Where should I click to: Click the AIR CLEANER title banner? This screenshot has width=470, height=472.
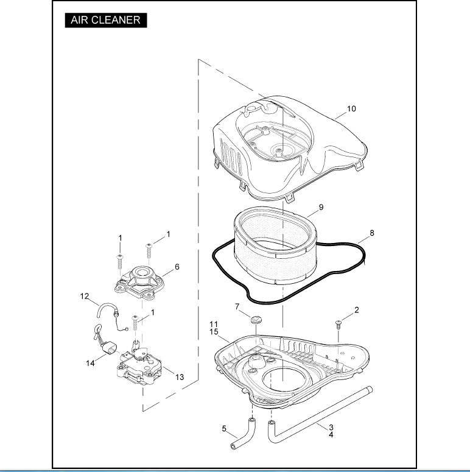[105, 19]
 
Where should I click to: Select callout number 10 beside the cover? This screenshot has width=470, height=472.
[351, 109]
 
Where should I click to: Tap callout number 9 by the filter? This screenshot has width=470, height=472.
[320, 207]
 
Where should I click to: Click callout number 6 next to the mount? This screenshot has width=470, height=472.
[177, 267]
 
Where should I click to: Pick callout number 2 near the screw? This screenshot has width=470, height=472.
[357, 309]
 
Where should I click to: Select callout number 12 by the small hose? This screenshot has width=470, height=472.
[85, 297]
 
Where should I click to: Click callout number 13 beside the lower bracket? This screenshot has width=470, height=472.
[180, 377]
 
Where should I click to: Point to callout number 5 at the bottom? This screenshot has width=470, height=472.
[223, 429]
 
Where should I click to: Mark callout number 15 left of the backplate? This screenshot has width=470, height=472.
[214, 331]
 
